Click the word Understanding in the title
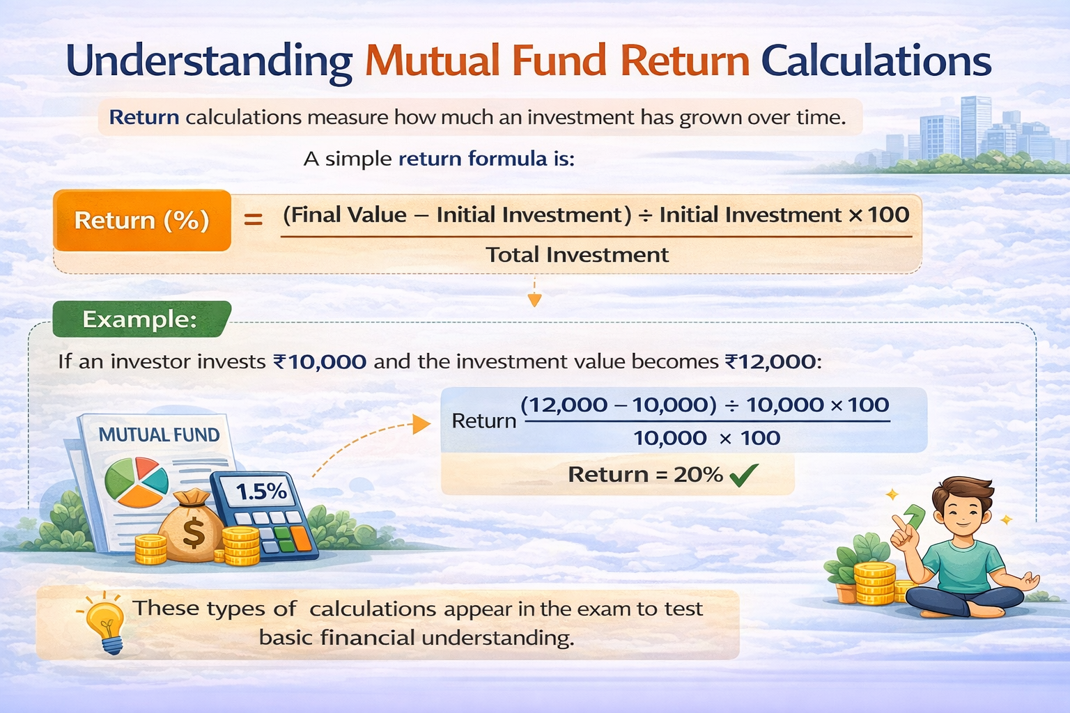(x=209, y=61)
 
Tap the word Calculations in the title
(x=876, y=61)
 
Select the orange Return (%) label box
(x=142, y=220)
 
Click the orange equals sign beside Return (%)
(x=253, y=220)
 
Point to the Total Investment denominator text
(x=577, y=255)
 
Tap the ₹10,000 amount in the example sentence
(x=319, y=362)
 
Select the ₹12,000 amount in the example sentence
(x=770, y=362)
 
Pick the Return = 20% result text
(x=645, y=475)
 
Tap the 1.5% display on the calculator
(x=261, y=492)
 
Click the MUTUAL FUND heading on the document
(x=159, y=435)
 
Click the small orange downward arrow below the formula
(x=534, y=299)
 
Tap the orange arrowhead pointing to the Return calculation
(x=421, y=424)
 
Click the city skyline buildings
(x=975, y=132)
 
